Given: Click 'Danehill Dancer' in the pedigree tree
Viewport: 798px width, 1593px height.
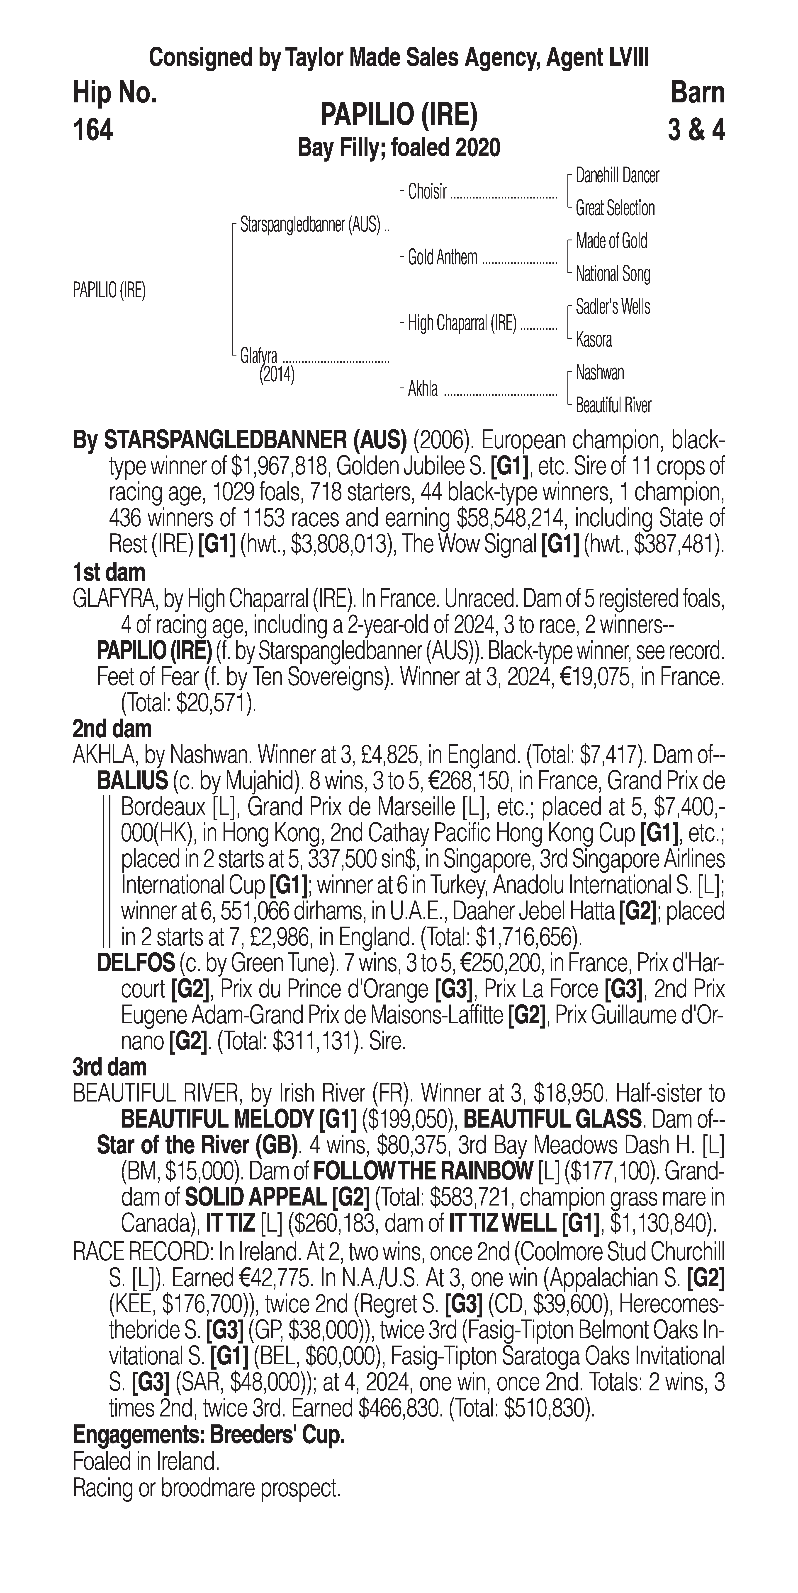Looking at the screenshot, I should tap(617, 176).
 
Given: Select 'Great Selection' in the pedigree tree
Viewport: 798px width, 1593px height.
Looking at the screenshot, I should tap(615, 208).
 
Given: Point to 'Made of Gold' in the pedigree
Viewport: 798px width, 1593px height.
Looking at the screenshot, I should tap(611, 241).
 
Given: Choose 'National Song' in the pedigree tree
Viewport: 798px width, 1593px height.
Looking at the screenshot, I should tap(612, 273).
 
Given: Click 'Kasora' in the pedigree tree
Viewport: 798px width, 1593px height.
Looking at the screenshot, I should tap(594, 339).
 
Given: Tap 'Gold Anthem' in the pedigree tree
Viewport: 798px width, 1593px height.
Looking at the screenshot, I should tap(442, 257).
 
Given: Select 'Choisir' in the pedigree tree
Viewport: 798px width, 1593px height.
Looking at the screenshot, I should tap(427, 192).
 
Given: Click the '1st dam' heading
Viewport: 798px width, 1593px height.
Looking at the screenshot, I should tap(109, 573).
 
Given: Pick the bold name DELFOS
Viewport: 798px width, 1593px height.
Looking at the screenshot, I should tap(136, 963).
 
